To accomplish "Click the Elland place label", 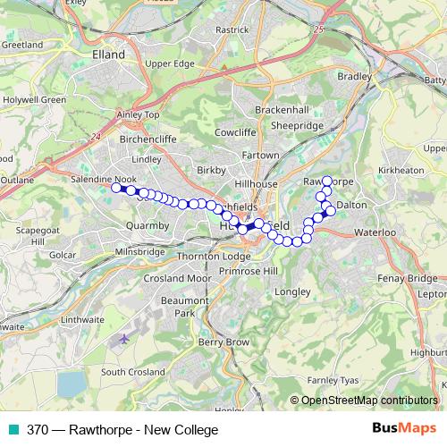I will [108, 54].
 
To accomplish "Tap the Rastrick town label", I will [232, 30].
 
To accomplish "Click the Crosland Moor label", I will [176, 278].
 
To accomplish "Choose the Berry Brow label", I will [223, 342].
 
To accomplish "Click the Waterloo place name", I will [375, 232].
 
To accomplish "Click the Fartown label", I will [261, 156].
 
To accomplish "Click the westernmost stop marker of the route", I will [115, 188].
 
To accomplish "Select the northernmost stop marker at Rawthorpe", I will [327, 181].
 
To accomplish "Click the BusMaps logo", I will [404, 428].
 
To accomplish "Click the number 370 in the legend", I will [38, 429].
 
